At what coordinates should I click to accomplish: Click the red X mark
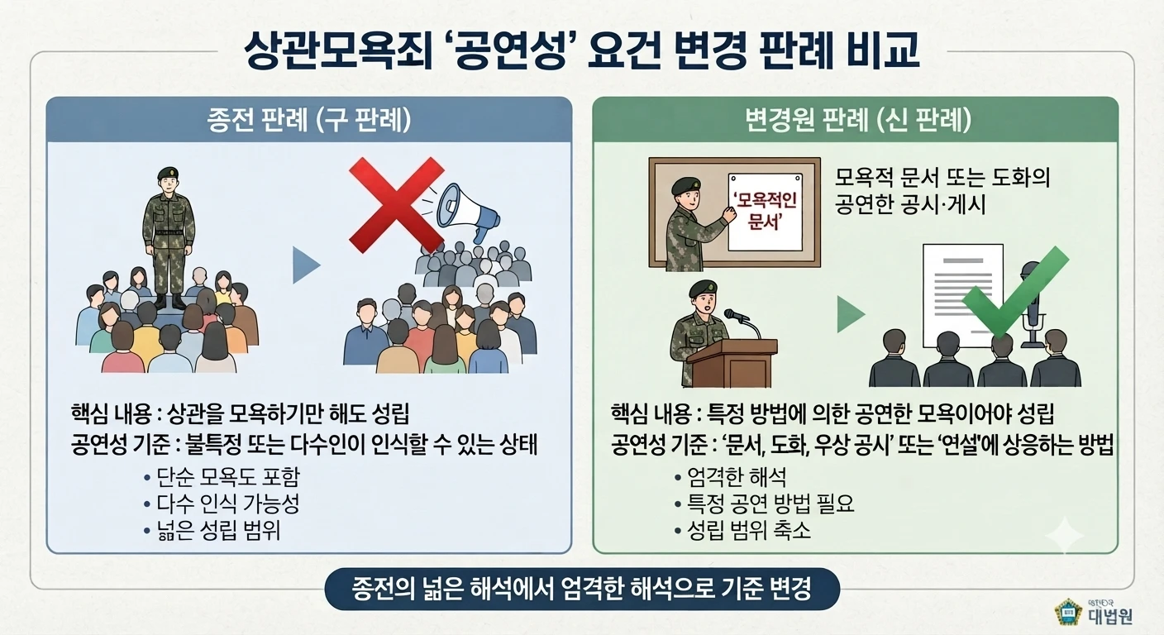pyautogui.click(x=396, y=205)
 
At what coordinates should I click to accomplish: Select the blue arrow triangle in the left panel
pyautogui.click(x=306, y=265)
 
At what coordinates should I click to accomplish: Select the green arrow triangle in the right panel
pyautogui.click(x=850, y=314)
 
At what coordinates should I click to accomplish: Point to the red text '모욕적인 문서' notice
pyautogui.click(x=765, y=212)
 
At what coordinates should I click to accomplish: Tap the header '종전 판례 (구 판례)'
pyautogui.click(x=309, y=120)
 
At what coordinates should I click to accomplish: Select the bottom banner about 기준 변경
pyautogui.click(x=582, y=590)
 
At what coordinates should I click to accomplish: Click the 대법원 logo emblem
pyautogui.click(x=1067, y=612)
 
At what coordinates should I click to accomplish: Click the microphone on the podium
pyautogui.click(x=736, y=314)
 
